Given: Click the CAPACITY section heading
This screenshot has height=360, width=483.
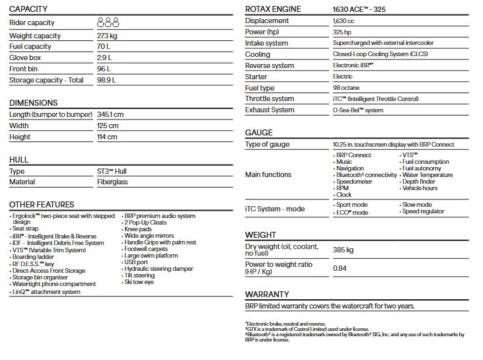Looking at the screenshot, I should (x=28, y=9).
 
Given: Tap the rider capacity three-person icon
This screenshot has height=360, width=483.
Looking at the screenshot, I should (x=108, y=22).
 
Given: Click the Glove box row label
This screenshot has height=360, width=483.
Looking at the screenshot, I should (x=25, y=57).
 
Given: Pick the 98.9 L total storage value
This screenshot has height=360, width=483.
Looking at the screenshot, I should (x=106, y=80).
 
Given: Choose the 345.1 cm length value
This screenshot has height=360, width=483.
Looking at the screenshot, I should (x=110, y=114).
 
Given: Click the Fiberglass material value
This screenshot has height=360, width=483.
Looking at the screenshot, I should (x=112, y=182).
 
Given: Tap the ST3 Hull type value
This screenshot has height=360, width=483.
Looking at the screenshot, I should (x=112, y=171).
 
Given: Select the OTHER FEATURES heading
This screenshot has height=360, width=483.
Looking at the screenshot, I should (x=42, y=205).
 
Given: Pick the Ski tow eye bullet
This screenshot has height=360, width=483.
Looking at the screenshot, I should (x=140, y=282).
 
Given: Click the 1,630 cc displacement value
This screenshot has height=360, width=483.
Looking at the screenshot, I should (x=345, y=20).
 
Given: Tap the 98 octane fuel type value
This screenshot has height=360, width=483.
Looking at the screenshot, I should (x=347, y=88).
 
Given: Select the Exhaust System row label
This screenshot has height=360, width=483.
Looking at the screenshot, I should (x=270, y=110).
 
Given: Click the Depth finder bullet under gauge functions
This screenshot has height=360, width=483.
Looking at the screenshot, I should (x=419, y=182).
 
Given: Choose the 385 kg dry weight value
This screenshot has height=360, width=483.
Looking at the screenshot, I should (x=344, y=250).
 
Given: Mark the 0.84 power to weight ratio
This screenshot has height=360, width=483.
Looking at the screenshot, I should (x=340, y=268).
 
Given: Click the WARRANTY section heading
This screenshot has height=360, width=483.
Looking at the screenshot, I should (x=267, y=294).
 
